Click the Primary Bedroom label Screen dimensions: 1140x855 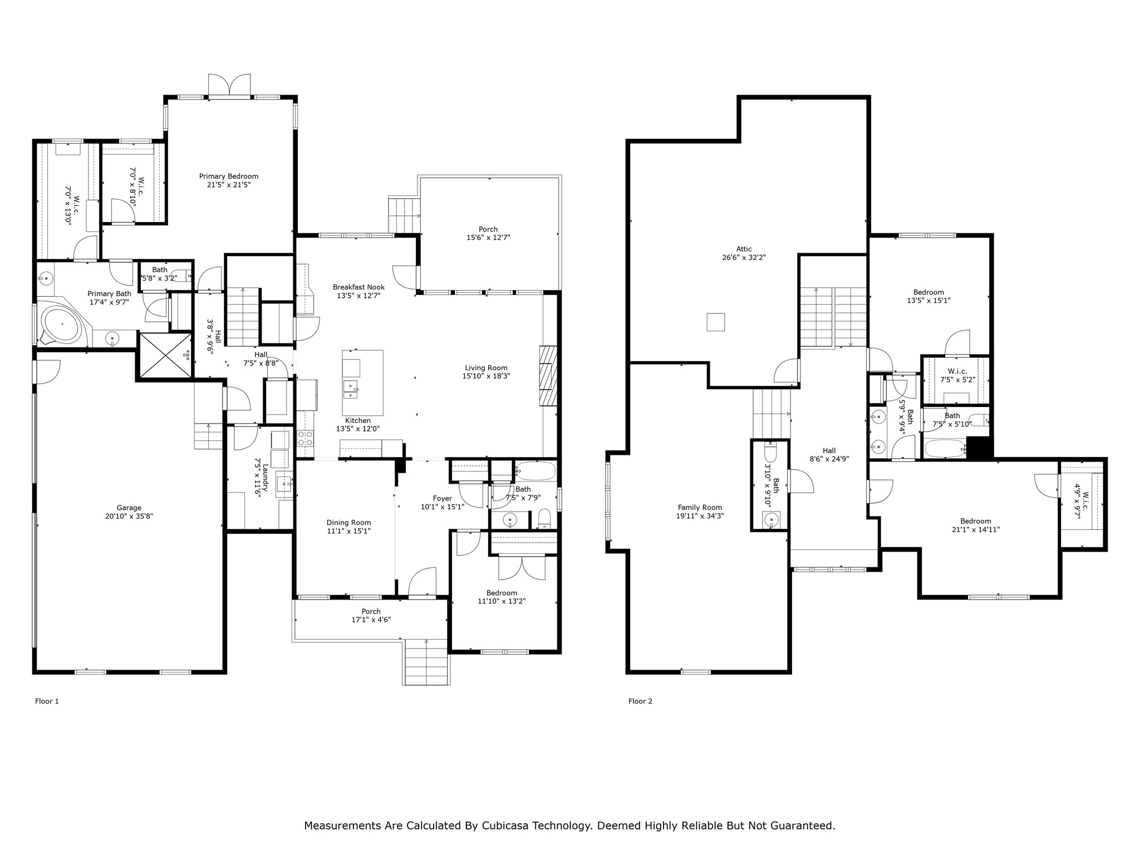coord(229,176)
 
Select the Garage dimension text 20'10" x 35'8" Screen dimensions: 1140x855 coord(129,516)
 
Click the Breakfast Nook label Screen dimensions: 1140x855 coord(358,287)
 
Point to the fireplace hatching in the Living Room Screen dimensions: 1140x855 coord(548,376)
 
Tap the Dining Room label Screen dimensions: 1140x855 coord(348,523)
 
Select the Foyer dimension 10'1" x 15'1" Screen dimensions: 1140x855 coord(443,507)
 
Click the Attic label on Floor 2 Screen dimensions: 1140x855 coord(744,249)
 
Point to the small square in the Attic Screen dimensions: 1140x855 coord(715,322)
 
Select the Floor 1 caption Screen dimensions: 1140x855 coord(47,701)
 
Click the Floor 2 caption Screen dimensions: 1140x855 coord(640,701)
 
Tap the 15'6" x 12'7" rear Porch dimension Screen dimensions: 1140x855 coord(488,238)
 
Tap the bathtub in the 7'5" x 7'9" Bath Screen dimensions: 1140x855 coord(535,471)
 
